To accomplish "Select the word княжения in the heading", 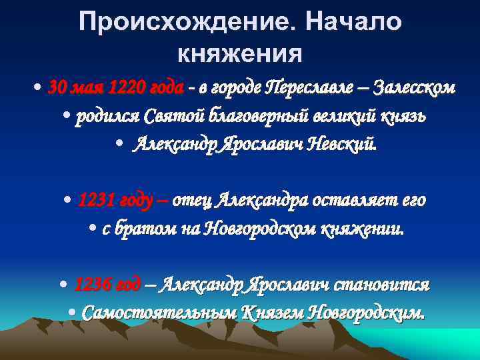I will point(240,53).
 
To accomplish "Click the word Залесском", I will point(414,87).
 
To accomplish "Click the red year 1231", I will point(99,200).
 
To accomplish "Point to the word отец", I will point(194,200).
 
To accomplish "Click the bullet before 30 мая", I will point(40,88).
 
